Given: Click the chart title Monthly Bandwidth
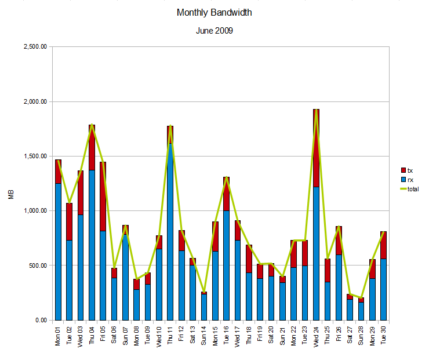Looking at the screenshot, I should pos(214,12).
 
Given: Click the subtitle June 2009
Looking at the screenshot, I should pos(214,31).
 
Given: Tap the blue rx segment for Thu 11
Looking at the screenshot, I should pos(170,232).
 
